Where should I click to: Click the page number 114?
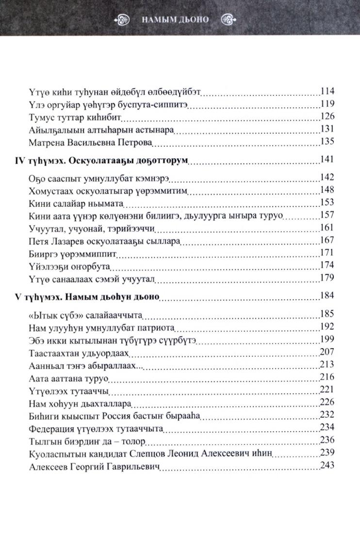327,91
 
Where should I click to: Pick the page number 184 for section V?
327,295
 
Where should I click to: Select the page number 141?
327,160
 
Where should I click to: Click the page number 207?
327,351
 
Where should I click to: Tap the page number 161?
327,228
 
